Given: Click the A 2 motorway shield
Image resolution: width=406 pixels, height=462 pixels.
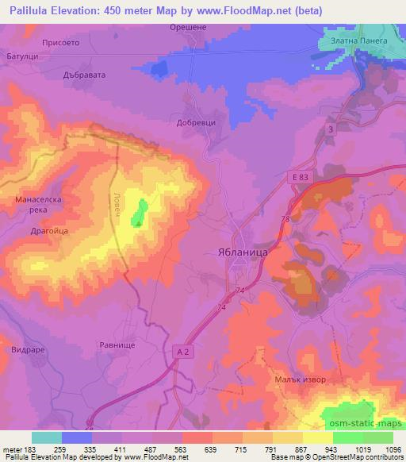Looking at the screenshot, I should coord(183,349).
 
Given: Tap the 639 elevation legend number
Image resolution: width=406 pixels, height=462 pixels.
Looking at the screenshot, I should coord(211,449).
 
